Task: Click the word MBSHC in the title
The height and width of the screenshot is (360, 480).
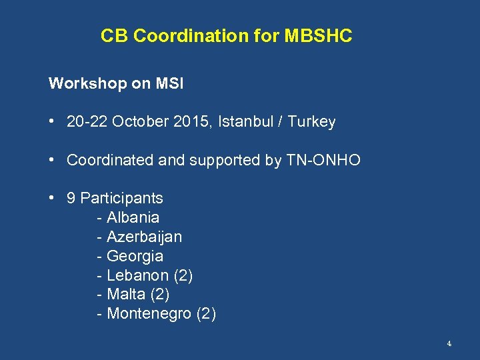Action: [318, 36]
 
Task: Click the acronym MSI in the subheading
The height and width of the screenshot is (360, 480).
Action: [170, 84]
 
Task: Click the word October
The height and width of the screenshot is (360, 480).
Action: [137, 122]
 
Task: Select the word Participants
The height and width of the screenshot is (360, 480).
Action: [121, 198]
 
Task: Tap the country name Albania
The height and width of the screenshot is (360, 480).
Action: [133, 217]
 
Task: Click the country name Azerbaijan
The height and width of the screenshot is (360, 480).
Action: [144, 237]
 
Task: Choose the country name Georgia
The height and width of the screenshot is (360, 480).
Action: [135, 256]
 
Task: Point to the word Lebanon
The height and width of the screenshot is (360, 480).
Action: [137, 275]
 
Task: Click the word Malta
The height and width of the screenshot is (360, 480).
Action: [126, 295]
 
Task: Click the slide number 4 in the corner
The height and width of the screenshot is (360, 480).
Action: [449, 344]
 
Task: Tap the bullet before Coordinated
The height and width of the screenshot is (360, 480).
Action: [51, 160]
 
